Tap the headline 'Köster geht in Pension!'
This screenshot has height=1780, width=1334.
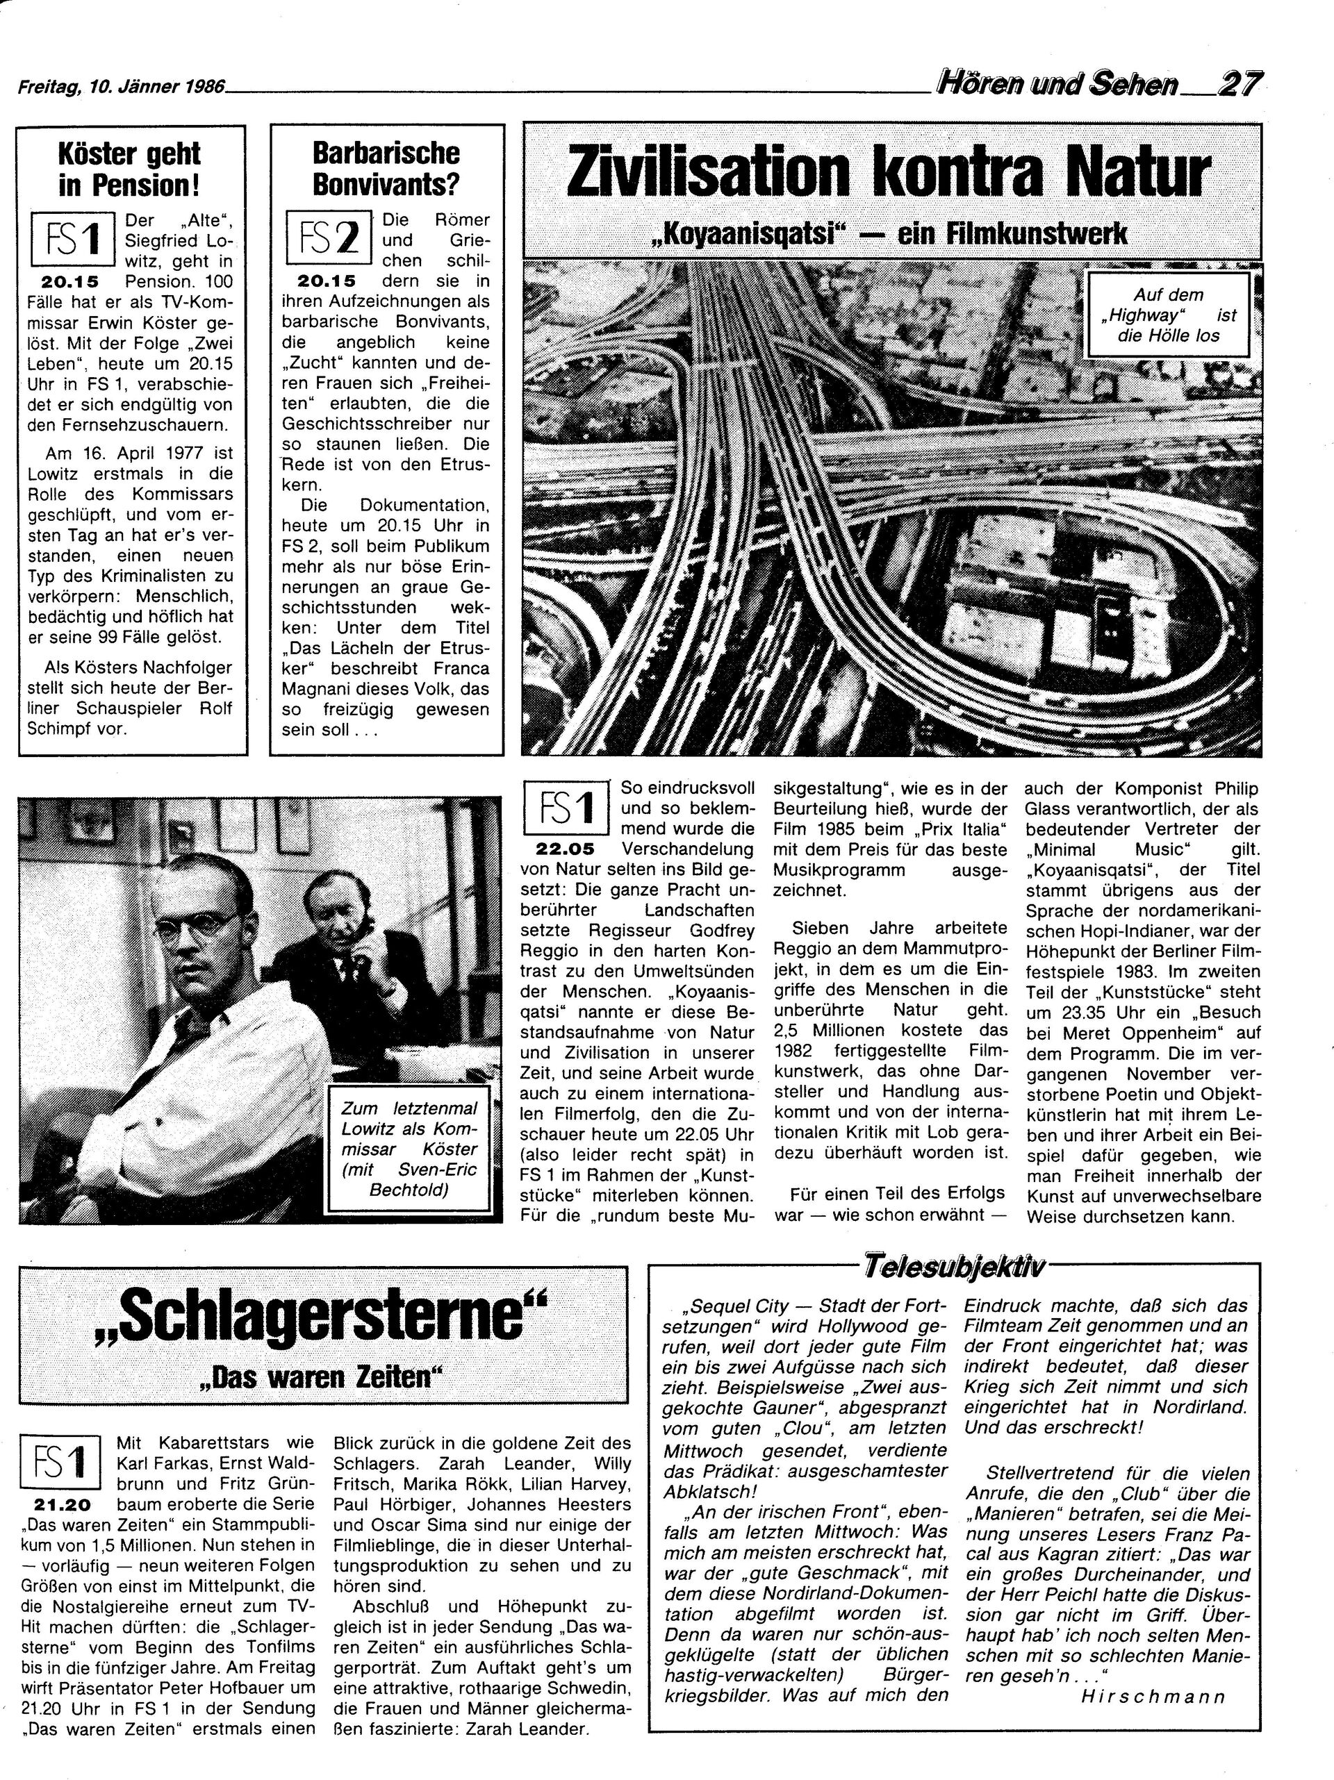click(131, 169)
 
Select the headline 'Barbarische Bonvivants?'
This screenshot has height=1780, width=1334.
click(386, 169)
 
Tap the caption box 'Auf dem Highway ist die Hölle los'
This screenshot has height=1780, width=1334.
click(1167, 315)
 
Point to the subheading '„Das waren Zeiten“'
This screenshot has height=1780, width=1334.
click(322, 1379)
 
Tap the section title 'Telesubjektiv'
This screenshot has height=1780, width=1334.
click(953, 1267)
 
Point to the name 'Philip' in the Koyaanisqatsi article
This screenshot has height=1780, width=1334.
click(1235, 789)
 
